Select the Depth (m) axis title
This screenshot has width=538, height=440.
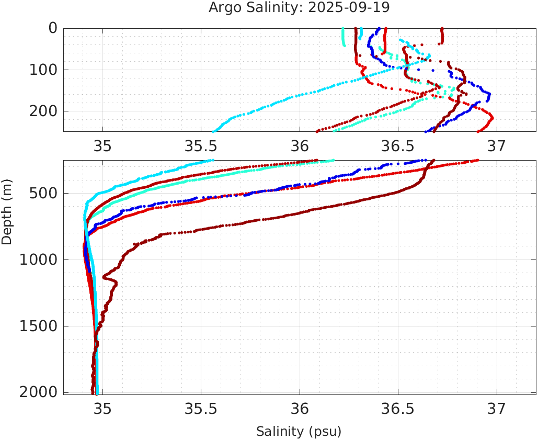click(x=7, y=211)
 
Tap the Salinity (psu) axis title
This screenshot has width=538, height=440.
click(x=299, y=432)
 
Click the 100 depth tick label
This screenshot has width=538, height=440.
click(x=43, y=70)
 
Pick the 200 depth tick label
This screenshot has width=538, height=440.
click(x=43, y=111)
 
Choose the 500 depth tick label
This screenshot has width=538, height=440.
click(x=43, y=194)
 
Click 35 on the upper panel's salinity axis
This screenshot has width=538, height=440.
click(x=102, y=145)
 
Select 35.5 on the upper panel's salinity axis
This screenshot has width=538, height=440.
click(x=201, y=145)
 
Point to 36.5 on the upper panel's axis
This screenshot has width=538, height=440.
click(x=398, y=145)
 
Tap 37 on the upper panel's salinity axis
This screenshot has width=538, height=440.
click(x=496, y=145)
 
